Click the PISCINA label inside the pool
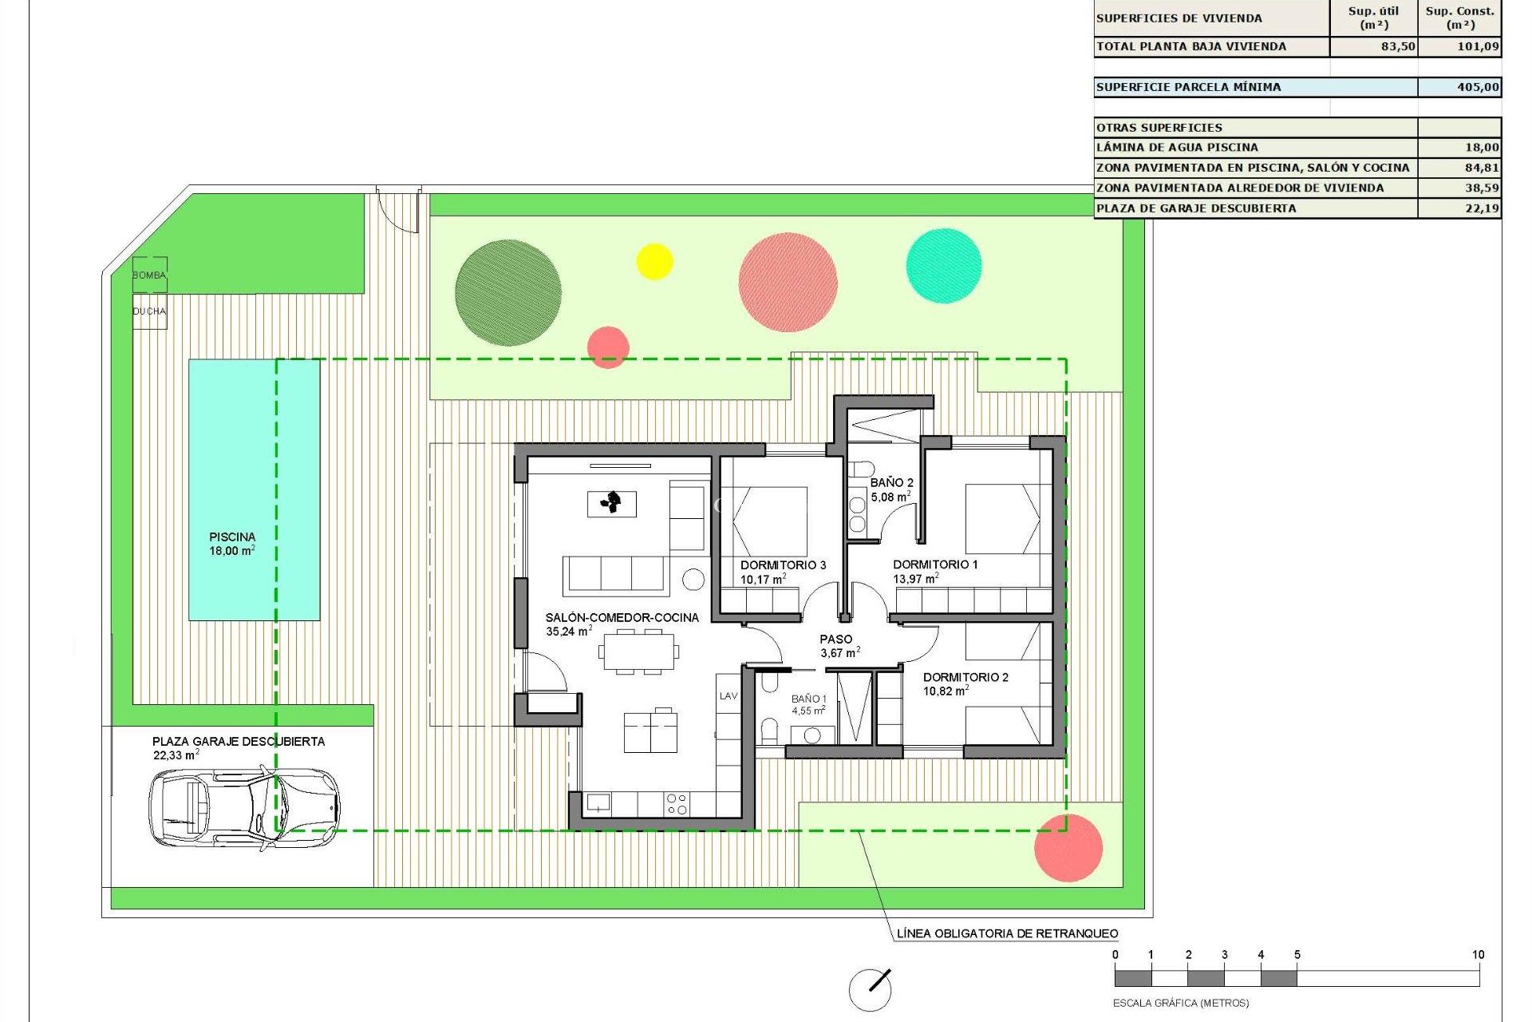coord(232,537)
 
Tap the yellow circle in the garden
coord(654,261)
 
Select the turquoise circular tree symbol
coord(944,266)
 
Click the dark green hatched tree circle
coord(507,292)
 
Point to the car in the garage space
coord(243,806)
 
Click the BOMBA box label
coord(149,275)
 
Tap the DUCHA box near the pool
coord(149,311)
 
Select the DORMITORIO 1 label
coord(935,564)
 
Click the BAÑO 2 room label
coord(891,482)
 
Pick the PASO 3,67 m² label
coord(838,645)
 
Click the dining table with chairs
coord(638,652)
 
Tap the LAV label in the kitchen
coord(728,696)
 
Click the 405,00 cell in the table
coord(1460,87)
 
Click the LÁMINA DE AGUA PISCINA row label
coord(1177,147)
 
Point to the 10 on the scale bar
coord(1478,954)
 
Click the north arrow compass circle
coord(869,990)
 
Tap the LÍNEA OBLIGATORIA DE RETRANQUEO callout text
coord(1007,933)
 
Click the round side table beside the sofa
coord(693,580)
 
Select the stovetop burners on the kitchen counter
coord(677,804)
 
